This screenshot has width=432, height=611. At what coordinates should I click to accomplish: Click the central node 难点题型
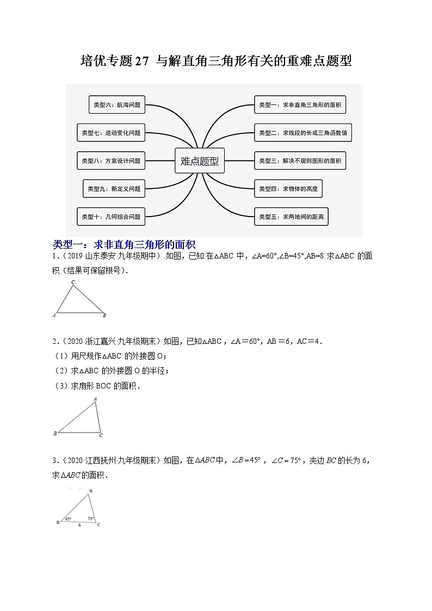tap(200, 161)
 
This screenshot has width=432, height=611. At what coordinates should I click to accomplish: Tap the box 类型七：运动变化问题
tap(111, 132)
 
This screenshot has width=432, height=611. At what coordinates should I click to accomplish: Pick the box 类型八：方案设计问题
tap(111, 161)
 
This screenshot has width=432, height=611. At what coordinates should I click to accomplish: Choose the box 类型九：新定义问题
tap(114, 189)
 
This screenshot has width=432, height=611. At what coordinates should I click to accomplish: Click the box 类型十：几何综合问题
tap(111, 217)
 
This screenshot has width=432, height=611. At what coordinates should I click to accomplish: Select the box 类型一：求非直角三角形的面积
tap(300, 104)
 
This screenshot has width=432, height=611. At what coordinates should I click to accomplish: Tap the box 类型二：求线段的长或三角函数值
tap(303, 132)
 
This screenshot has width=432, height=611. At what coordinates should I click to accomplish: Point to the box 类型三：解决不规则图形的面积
tap(300, 161)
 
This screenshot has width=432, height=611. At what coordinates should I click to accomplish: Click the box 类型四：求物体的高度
tap(288, 189)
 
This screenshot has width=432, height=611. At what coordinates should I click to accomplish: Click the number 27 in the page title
tap(141, 61)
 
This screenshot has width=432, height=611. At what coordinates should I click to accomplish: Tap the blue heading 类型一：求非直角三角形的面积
tap(124, 244)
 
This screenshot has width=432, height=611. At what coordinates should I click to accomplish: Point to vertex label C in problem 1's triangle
tap(73, 282)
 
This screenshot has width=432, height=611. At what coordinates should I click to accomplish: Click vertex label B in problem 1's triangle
tap(104, 316)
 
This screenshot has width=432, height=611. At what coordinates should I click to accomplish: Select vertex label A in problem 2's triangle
tap(95, 399)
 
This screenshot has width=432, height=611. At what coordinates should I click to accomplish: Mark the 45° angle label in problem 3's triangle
tap(68, 519)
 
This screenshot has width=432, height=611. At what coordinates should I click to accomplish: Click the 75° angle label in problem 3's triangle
tap(91, 519)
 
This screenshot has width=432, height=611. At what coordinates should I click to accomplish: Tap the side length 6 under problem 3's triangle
tap(78, 526)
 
